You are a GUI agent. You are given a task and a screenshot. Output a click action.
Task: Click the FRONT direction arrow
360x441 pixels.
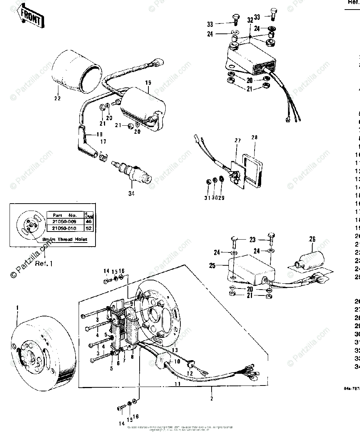[31, 16]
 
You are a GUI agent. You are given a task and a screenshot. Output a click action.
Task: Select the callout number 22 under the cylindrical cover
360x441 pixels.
[57, 98]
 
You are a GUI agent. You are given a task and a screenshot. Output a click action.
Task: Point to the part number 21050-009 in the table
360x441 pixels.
[65, 221]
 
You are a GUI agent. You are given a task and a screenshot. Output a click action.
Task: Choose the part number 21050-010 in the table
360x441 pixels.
[65, 228]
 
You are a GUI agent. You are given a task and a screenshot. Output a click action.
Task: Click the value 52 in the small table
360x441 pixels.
[89, 228]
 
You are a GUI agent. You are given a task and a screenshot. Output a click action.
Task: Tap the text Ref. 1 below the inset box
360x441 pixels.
[44, 263]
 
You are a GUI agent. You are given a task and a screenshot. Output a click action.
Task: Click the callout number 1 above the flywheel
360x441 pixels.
[17, 307]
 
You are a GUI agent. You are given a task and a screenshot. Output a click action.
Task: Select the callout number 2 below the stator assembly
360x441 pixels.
[211, 398]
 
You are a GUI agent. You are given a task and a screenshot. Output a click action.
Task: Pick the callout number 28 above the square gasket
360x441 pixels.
[255, 137]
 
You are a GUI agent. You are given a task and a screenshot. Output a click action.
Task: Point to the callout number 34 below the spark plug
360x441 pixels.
[131, 193]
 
